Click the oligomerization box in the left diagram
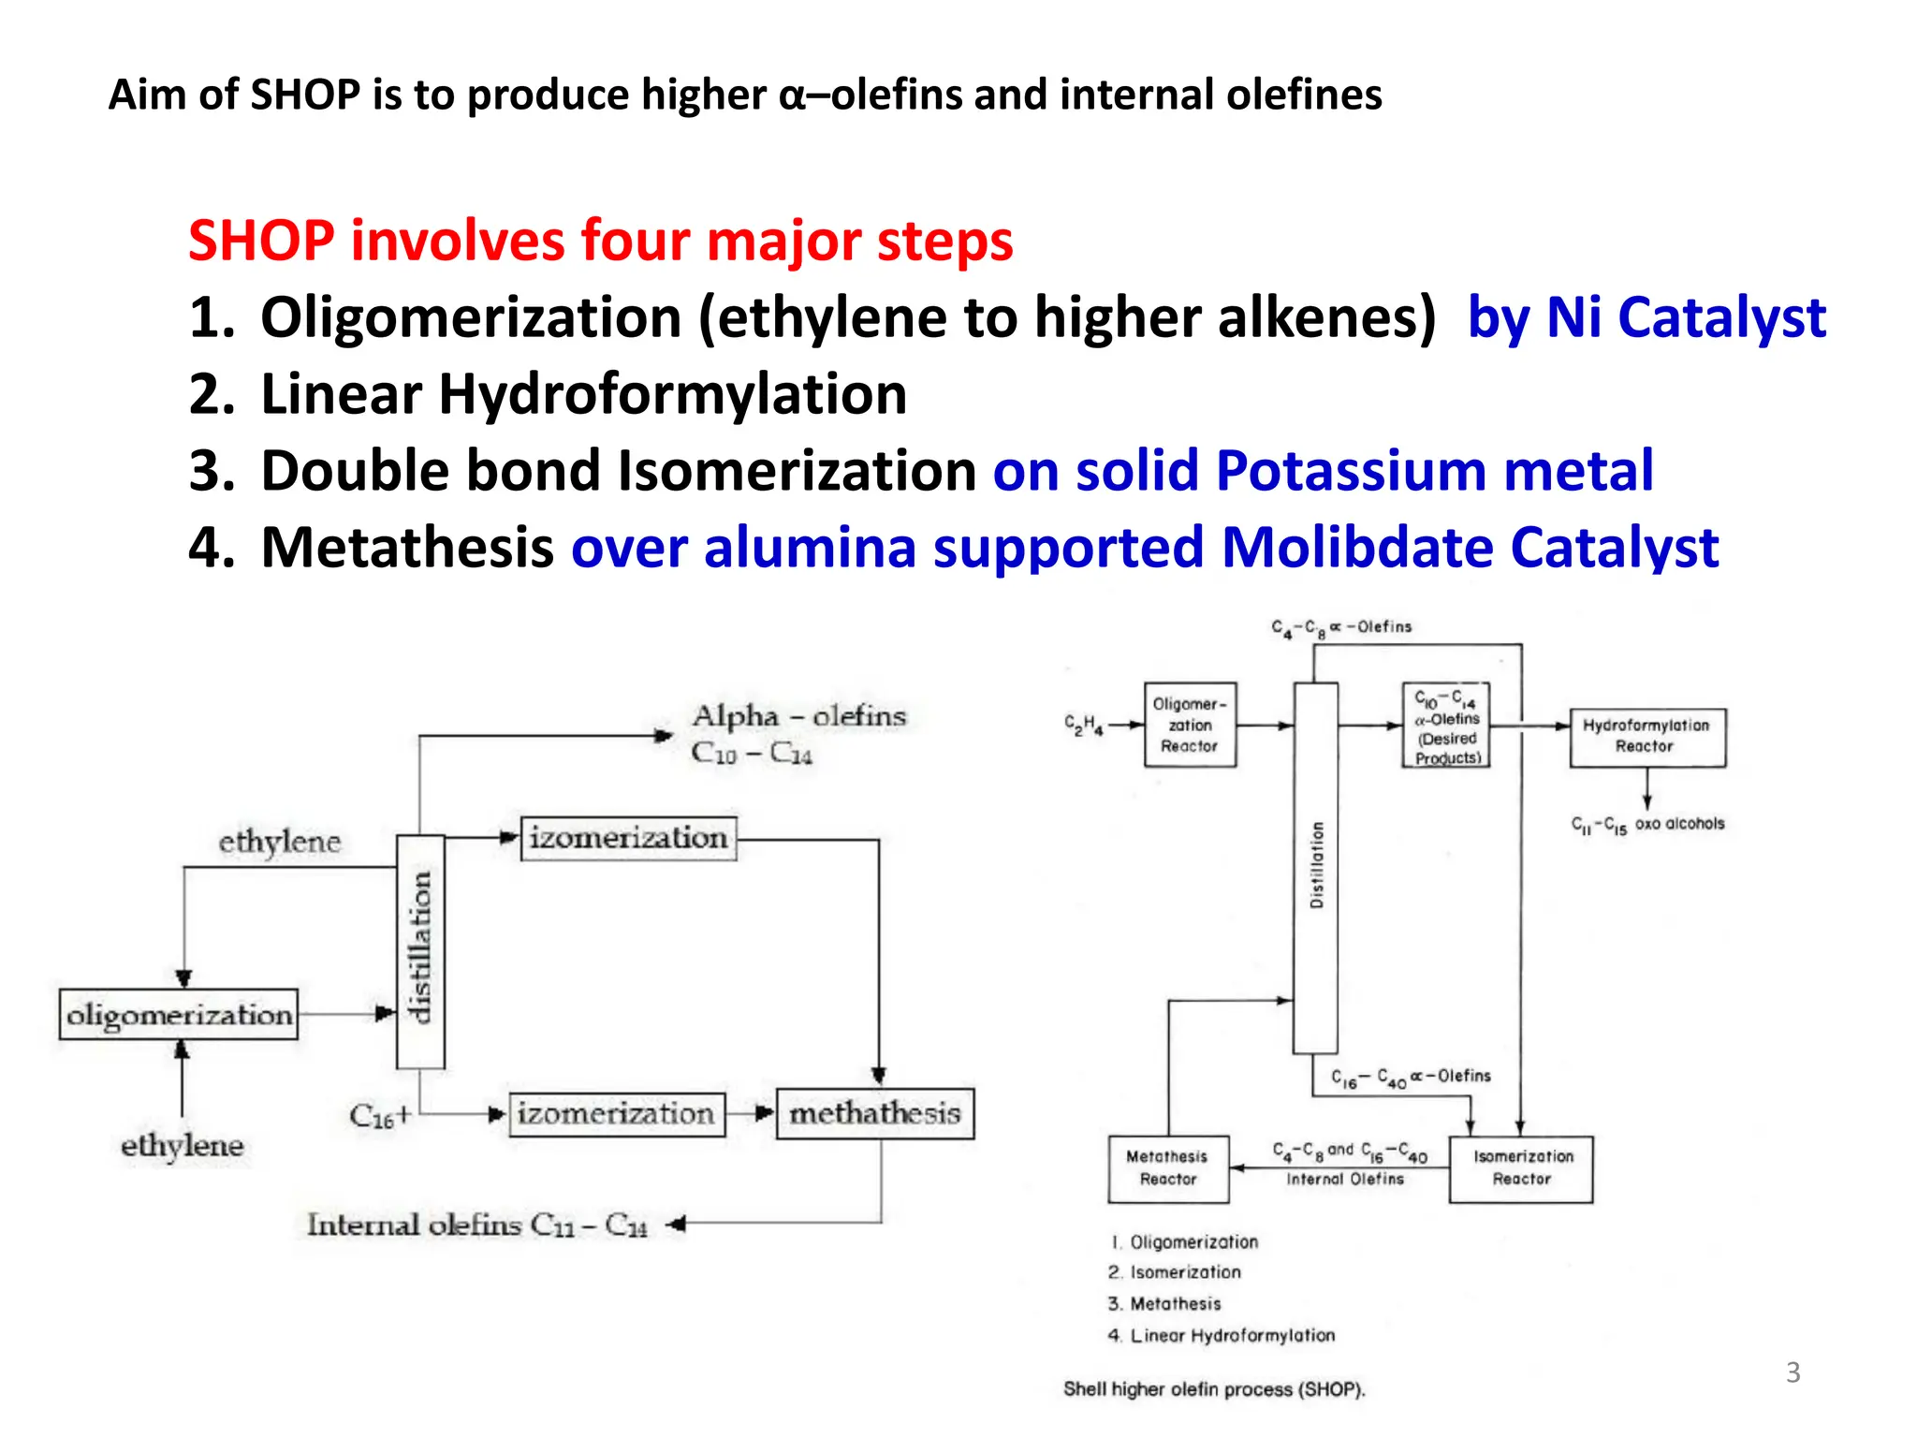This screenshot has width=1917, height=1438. [178, 1015]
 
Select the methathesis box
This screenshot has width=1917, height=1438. [875, 1113]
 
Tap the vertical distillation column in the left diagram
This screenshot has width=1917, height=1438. [420, 950]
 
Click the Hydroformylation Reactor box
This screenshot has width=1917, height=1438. [1646, 737]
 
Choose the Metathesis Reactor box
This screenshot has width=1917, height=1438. [1167, 1168]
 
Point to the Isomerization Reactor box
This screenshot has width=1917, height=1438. [1521, 1168]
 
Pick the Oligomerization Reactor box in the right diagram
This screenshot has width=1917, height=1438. [1190, 725]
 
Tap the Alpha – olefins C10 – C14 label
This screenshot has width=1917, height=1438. [798, 734]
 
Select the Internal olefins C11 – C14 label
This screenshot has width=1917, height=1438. [477, 1225]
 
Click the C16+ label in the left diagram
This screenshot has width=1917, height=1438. [379, 1116]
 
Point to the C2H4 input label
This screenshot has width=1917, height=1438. [1083, 725]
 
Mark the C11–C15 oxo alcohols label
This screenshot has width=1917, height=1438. [1646, 825]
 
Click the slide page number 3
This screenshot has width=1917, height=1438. [1793, 1372]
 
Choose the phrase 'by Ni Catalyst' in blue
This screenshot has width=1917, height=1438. [1646, 317]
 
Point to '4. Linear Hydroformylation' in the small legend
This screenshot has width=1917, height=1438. [1222, 1336]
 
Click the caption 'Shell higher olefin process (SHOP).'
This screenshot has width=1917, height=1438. [1214, 1389]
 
